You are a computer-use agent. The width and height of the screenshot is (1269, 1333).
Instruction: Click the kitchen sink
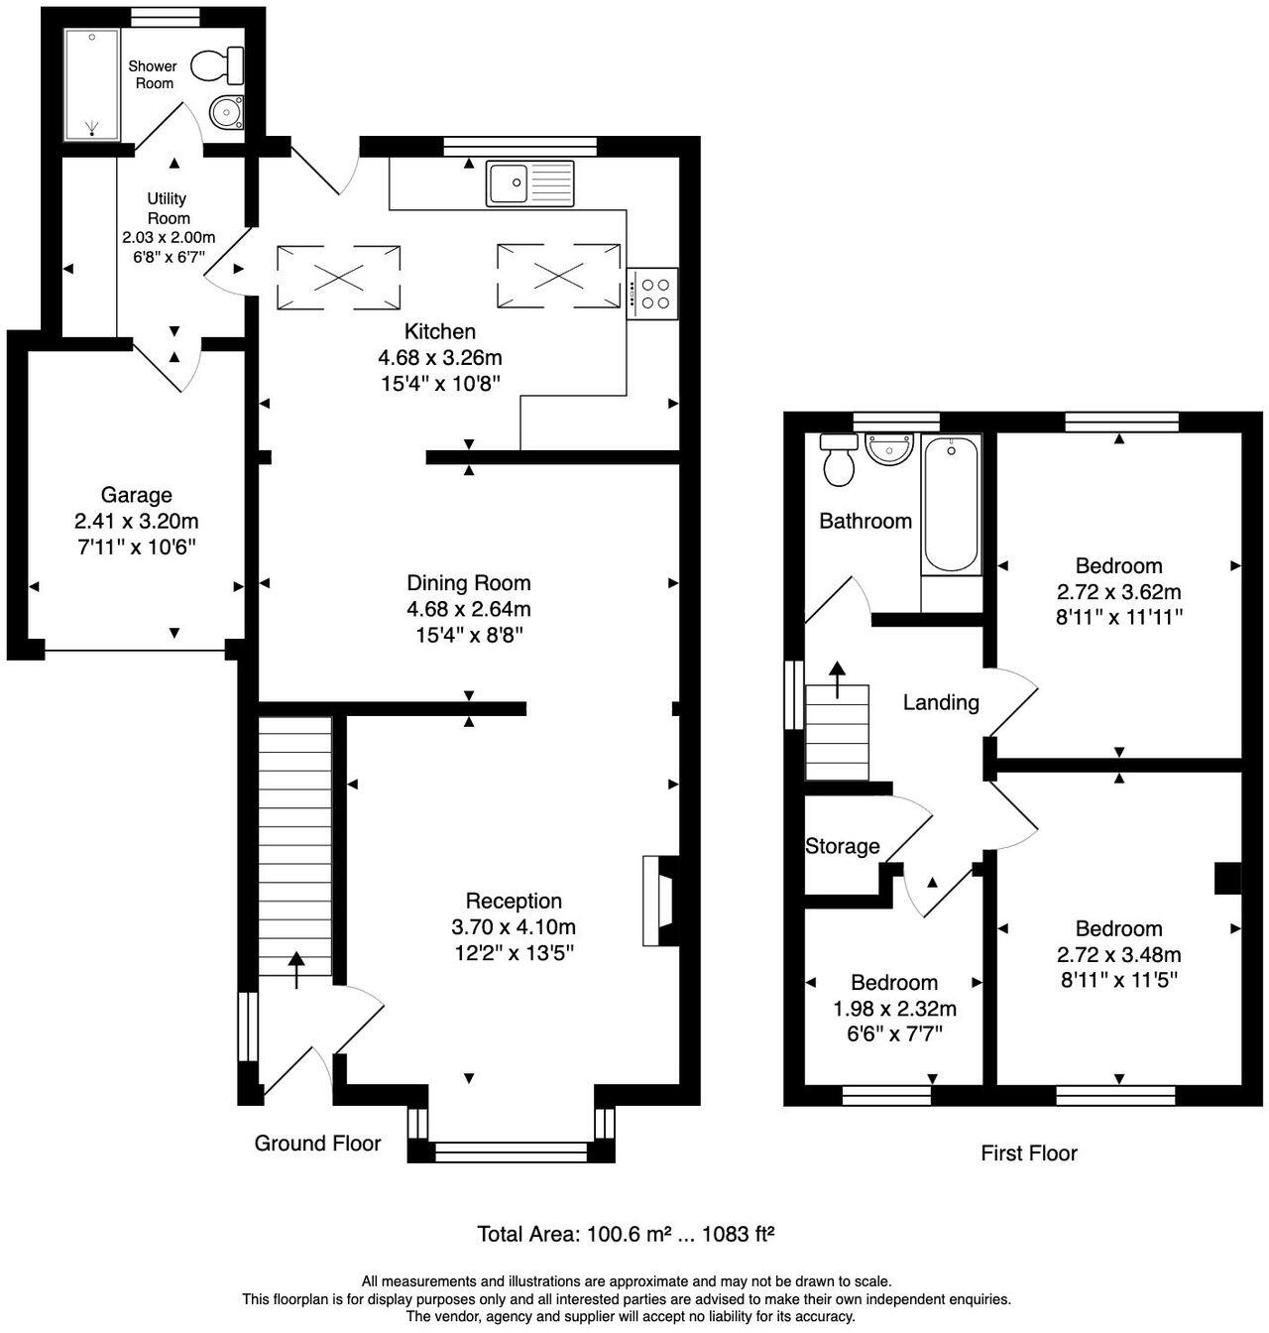[x=529, y=183]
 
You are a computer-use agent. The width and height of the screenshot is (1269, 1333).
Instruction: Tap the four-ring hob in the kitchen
[x=653, y=294]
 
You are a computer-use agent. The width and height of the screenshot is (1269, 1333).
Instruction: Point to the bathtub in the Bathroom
[x=952, y=505]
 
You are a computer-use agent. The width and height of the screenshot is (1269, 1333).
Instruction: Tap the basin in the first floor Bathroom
[x=888, y=448]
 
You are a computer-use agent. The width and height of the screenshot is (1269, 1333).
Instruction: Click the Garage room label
[x=136, y=495]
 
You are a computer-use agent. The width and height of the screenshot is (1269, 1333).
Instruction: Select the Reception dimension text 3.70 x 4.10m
[x=513, y=927]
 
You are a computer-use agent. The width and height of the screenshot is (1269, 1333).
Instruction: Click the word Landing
[x=941, y=702]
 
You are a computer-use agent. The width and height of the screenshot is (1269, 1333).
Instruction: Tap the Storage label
[x=842, y=846]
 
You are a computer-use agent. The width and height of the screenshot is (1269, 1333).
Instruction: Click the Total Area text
[x=625, y=1234]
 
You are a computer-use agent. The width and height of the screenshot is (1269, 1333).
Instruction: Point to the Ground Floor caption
[x=317, y=1144]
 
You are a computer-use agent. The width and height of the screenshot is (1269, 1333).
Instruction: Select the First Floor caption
[x=1028, y=1152]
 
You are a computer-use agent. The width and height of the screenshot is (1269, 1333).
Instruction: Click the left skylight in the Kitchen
[x=338, y=277]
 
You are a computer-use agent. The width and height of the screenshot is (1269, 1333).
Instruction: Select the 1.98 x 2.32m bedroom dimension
[x=893, y=1009]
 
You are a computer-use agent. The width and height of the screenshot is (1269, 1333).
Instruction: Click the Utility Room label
[x=168, y=208]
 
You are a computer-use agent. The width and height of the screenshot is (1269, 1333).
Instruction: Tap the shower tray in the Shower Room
[x=92, y=83]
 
